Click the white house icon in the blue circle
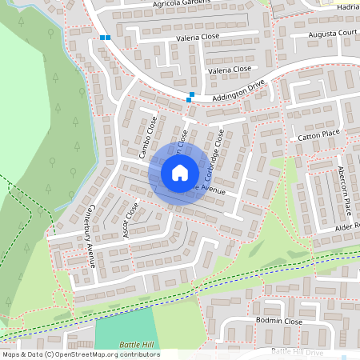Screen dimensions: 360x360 [x=179, y=172]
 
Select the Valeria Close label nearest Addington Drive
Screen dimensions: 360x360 [x=230, y=70]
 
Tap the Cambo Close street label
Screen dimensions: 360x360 [x=146, y=138]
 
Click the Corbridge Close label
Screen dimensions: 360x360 [x=210, y=157]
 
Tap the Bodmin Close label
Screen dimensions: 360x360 [x=279, y=321]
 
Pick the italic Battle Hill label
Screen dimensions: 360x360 [x=135, y=344]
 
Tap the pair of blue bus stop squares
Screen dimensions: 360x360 [x=106, y=37]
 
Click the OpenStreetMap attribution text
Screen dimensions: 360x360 [x=81, y=354]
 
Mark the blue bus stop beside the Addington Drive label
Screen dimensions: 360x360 [x=190, y=98]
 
